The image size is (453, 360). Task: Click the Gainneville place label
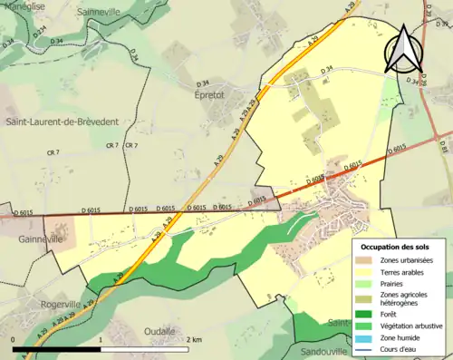click(x=41, y=239)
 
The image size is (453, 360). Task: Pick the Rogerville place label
click(x=43, y=279)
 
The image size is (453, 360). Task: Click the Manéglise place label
click(x=22, y=5)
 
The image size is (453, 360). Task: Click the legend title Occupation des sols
click(x=396, y=247)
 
